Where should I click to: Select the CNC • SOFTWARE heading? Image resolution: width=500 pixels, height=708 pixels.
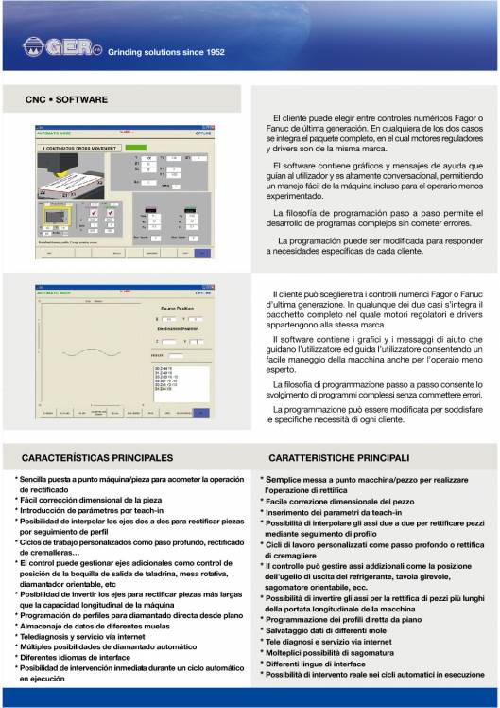(67, 99)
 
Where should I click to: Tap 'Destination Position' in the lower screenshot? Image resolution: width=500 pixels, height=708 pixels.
(176, 331)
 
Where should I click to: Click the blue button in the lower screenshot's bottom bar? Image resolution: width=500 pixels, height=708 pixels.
(201, 412)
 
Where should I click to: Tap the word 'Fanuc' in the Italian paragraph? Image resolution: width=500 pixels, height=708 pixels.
(474, 293)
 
